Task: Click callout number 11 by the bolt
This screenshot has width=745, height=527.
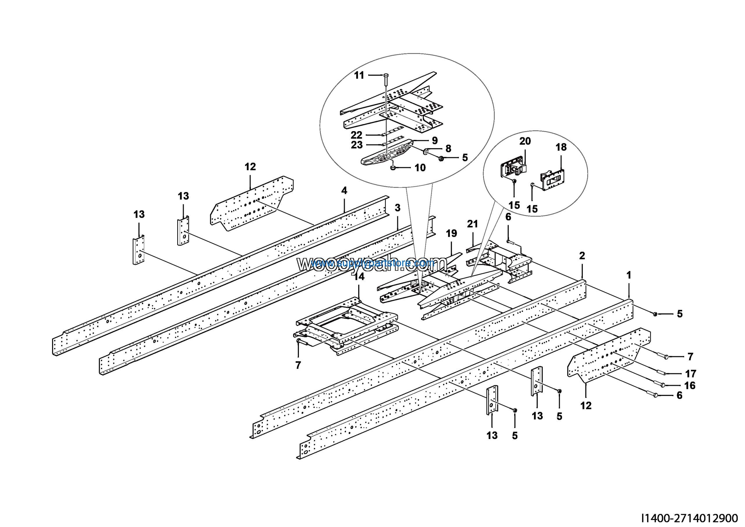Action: click(359, 75)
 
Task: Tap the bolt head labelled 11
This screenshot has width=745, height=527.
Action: click(386, 75)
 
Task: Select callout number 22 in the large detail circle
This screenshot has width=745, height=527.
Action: click(356, 135)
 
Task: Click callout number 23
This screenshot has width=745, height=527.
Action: click(356, 145)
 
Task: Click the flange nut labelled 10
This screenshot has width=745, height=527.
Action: click(393, 168)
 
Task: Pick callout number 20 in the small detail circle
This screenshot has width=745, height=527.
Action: click(525, 141)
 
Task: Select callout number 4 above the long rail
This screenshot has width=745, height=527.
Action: click(344, 190)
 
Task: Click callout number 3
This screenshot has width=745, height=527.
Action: click(398, 208)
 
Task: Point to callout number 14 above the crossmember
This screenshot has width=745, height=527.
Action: click(359, 277)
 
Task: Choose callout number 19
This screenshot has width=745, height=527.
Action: click(451, 233)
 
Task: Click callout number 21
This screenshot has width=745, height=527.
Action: click(472, 224)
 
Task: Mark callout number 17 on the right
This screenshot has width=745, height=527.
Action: click(691, 374)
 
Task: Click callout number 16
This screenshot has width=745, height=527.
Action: click(690, 386)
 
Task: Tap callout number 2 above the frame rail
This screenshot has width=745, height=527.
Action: click(582, 256)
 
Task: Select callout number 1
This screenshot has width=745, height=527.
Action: click(629, 275)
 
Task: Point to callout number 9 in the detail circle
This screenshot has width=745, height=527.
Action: click(435, 140)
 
